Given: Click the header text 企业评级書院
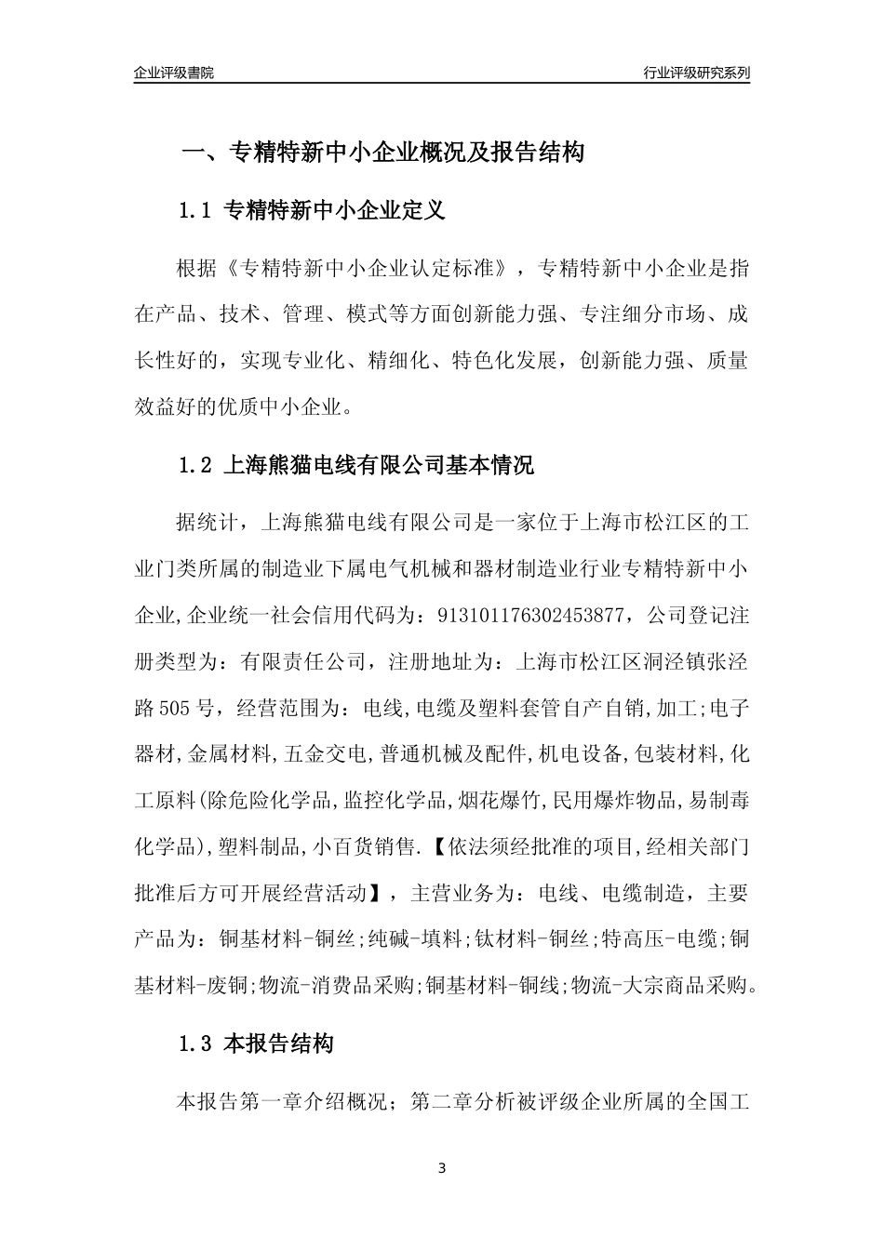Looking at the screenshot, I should [x=174, y=73].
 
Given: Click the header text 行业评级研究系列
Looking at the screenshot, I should [x=696, y=73].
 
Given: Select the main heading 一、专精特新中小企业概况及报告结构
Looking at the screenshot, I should [x=382, y=153].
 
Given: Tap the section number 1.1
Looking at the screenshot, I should [x=195, y=211].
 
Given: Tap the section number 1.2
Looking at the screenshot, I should [x=195, y=465].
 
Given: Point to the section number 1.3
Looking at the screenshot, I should [x=195, y=1044].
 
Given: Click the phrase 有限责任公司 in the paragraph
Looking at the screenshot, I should [x=306, y=662].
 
